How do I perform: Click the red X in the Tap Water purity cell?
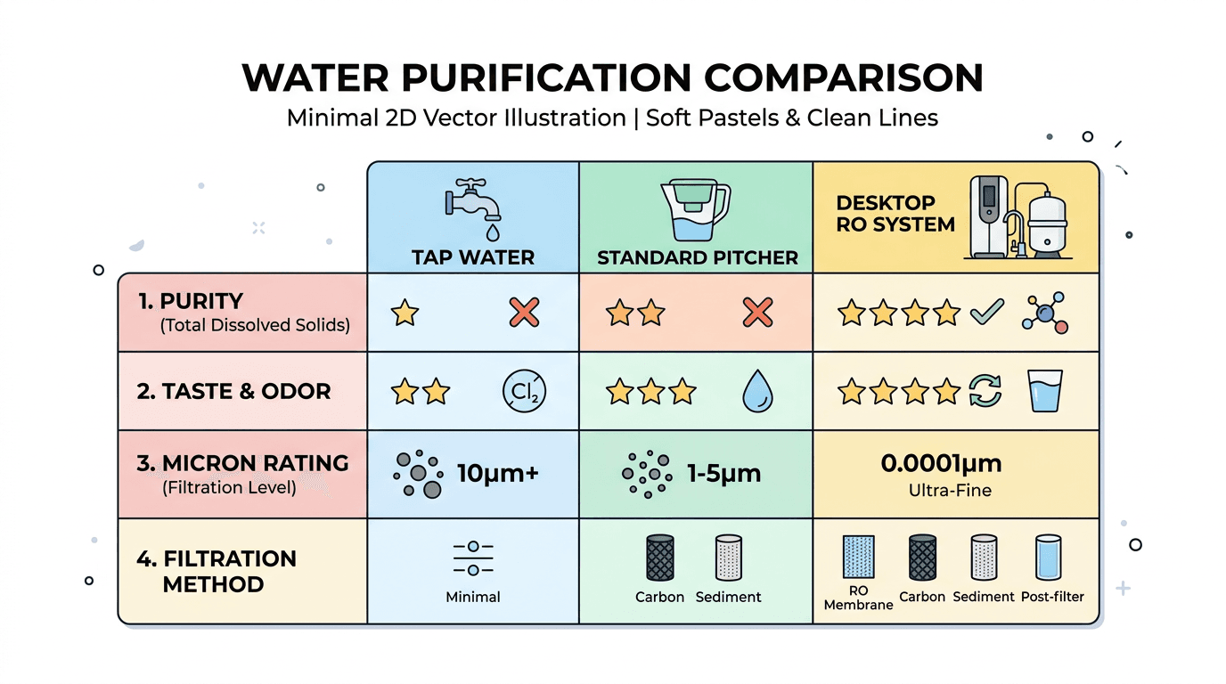pos(524,313)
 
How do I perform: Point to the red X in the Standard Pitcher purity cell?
pos(757,313)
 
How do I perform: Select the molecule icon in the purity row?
pos(1045,313)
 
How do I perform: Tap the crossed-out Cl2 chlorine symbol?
pos(524,391)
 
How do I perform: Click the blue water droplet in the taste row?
pos(757,392)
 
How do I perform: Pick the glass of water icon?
pos(1045,391)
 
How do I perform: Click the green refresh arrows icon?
pos(986,391)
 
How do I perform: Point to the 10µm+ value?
pos(497,473)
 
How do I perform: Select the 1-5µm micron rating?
pos(723,473)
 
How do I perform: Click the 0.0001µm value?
pos(953,464)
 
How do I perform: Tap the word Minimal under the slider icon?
pos(473,597)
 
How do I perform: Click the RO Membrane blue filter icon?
pos(858,558)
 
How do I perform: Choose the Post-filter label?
pos(1052,597)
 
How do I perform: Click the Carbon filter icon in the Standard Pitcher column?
pos(659,558)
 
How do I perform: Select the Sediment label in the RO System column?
pos(984,597)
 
